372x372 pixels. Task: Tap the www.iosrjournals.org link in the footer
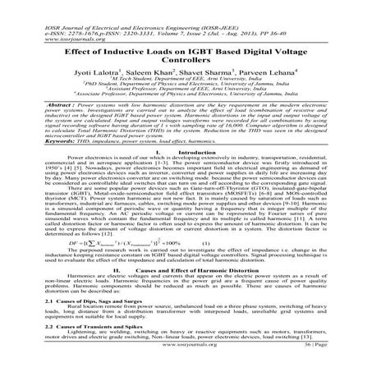click(x=186, y=366)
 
